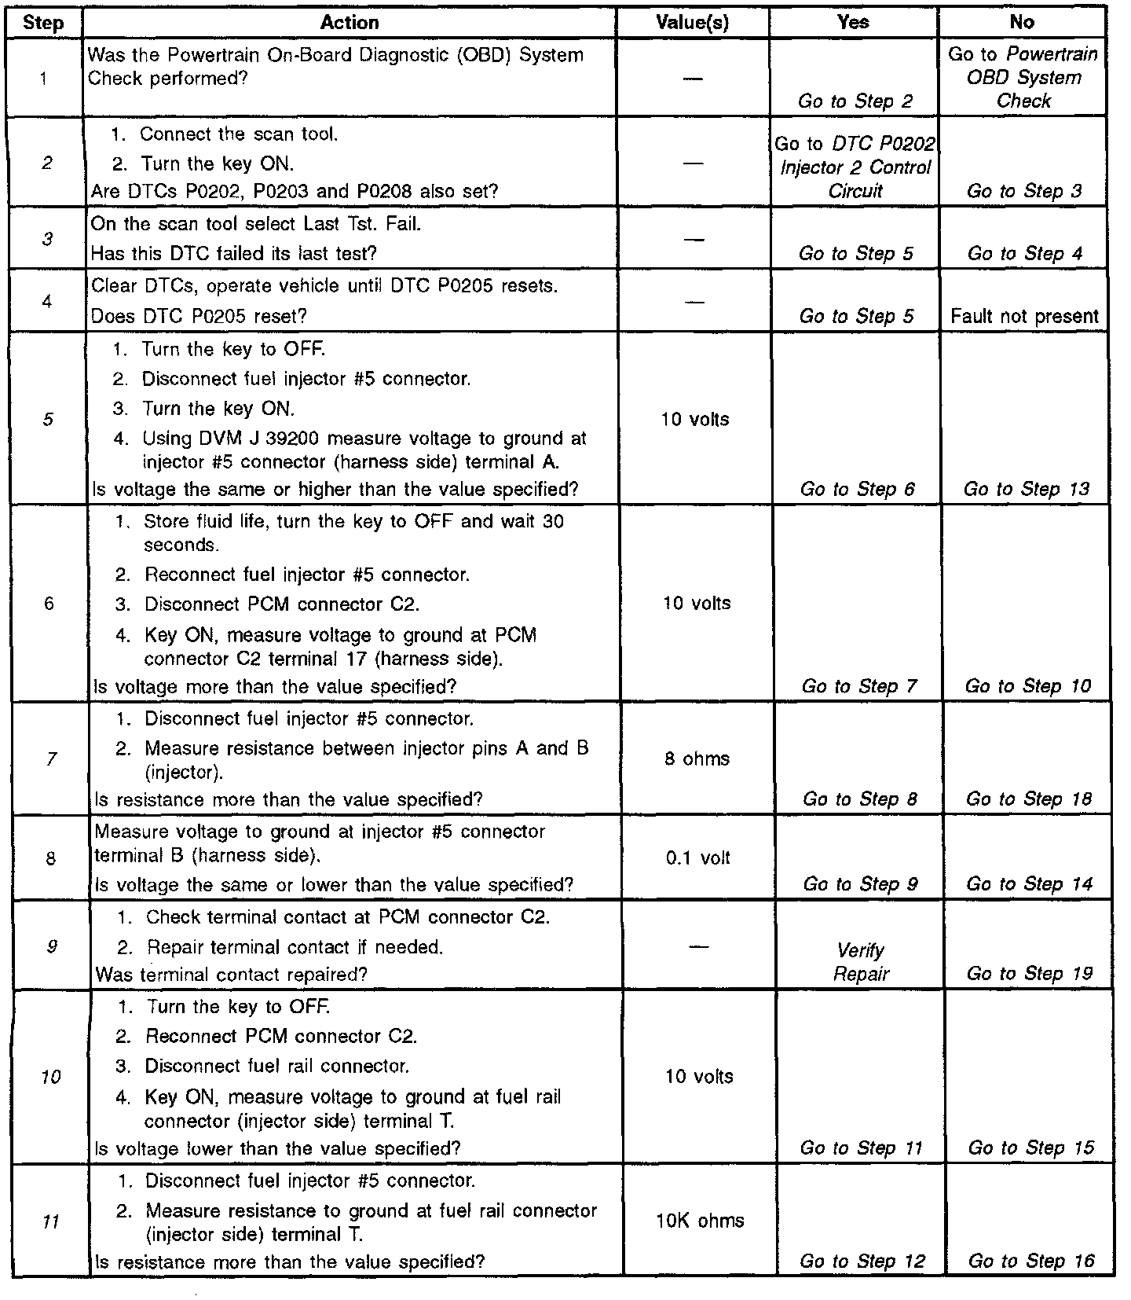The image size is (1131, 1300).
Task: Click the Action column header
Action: click(x=350, y=23)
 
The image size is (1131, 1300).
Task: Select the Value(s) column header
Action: click(x=692, y=23)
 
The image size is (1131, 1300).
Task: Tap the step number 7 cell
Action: click(x=49, y=759)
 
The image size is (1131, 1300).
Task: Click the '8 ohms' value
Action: click(x=697, y=759)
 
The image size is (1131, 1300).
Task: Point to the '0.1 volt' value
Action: click(x=697, y=857)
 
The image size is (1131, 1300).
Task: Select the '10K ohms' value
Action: click(x=700, y=1221)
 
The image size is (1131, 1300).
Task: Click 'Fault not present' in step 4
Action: click(x=1024, y=317)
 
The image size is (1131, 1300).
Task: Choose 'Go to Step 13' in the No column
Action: click(x=1027, y=489)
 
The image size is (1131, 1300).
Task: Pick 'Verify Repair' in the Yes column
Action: click(x=861, y=962)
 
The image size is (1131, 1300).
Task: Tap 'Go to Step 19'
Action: click(x=1029, y=974)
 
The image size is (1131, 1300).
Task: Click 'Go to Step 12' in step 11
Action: click(x=862, y=1261)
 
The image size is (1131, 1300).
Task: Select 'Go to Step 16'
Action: click(x=1030, y=1261)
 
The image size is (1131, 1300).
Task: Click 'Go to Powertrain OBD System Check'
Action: click(x=1023, y=77)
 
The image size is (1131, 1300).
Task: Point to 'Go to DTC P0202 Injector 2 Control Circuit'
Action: click(x=855, y=167)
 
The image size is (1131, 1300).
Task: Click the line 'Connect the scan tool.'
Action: click(x=239, y=134)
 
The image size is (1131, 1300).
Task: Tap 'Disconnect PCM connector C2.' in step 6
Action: click(x=282, y=604)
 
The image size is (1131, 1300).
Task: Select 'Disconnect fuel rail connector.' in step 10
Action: click(x=276, y=1067)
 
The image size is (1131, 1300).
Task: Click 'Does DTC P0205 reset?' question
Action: click(x=199, y=316)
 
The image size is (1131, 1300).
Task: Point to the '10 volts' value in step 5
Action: click(x=694, y=420)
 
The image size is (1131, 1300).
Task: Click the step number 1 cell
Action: click(x=43, y=78)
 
